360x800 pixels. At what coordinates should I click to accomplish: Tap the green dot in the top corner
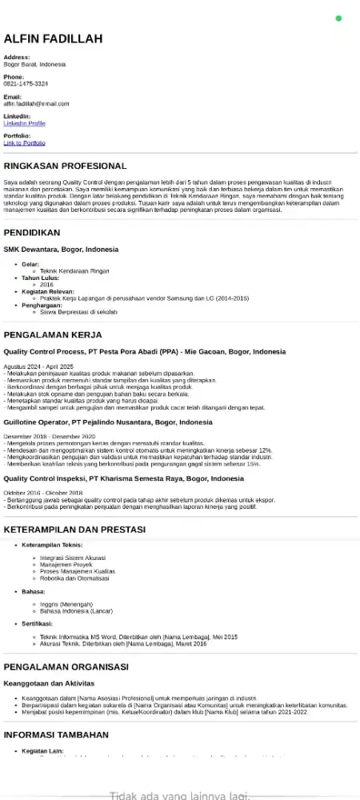tap(338, 18)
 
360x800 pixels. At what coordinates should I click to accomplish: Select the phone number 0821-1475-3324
tap(26, 83)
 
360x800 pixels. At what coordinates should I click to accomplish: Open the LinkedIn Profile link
tap(24, 123)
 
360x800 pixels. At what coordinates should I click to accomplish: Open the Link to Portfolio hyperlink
tap(24, 142)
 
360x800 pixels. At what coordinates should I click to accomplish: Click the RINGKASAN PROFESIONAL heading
tap(65, 166)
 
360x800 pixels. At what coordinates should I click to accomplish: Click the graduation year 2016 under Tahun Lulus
tap(46, 284)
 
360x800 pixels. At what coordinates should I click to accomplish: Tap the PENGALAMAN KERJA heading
tap(54, 334)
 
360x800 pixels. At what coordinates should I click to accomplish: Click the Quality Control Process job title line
tap(144, 352)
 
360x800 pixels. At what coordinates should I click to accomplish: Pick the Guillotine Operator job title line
tap(108, 422)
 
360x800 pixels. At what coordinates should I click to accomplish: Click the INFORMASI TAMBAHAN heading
tap(56, 734)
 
